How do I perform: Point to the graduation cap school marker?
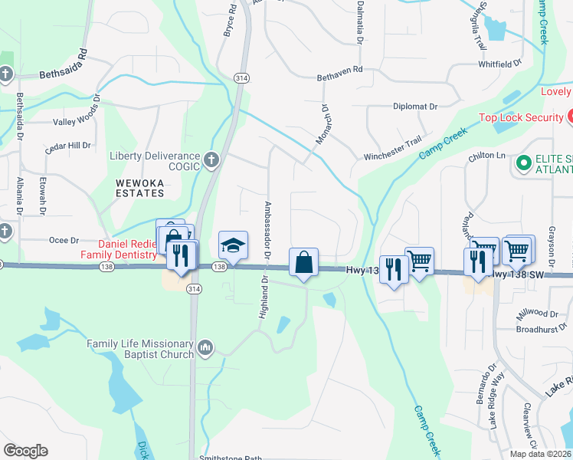(x=234, y=245)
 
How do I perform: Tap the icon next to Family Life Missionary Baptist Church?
(x=205, y=349)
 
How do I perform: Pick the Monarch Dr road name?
(x=323, y=125)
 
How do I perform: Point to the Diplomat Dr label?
(x=414, y=107)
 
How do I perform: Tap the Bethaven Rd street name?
(x=339, y=78)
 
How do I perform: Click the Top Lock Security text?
(x=521, y=117)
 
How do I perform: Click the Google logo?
(x=25, y=451)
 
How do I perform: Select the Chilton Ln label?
(x=488, y=156)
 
